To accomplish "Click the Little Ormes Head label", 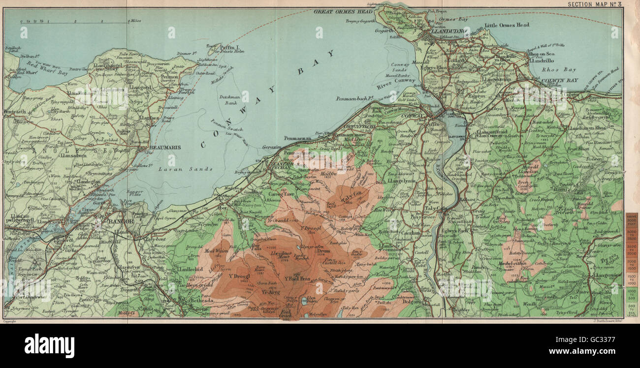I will tap(507, 25).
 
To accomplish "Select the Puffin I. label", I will tap(229, 46).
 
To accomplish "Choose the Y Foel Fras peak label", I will tap(297, 278).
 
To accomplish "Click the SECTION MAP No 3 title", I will tap(595, 4).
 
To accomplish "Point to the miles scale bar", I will tap(74, 22).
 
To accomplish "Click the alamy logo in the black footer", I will tap(49, 346).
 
